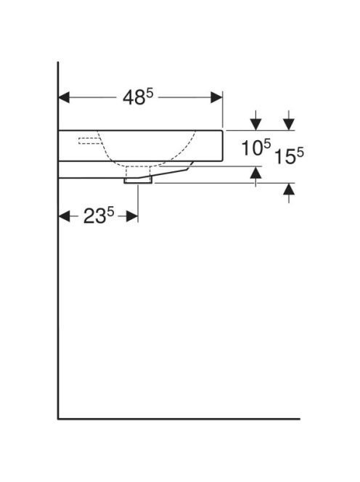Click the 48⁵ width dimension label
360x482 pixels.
click(138, 97)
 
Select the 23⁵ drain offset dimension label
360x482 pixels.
click(99, 216)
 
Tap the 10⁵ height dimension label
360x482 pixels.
click(255, 147)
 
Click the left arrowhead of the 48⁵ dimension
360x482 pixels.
click(64, 97)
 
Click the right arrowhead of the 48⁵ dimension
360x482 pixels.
click(216, 97)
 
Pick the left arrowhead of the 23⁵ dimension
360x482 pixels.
click(64, 216)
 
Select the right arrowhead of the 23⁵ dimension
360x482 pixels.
click(132, 216)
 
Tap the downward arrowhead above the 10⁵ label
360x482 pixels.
click(255, 124)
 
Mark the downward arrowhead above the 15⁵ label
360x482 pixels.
click(289, 124)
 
